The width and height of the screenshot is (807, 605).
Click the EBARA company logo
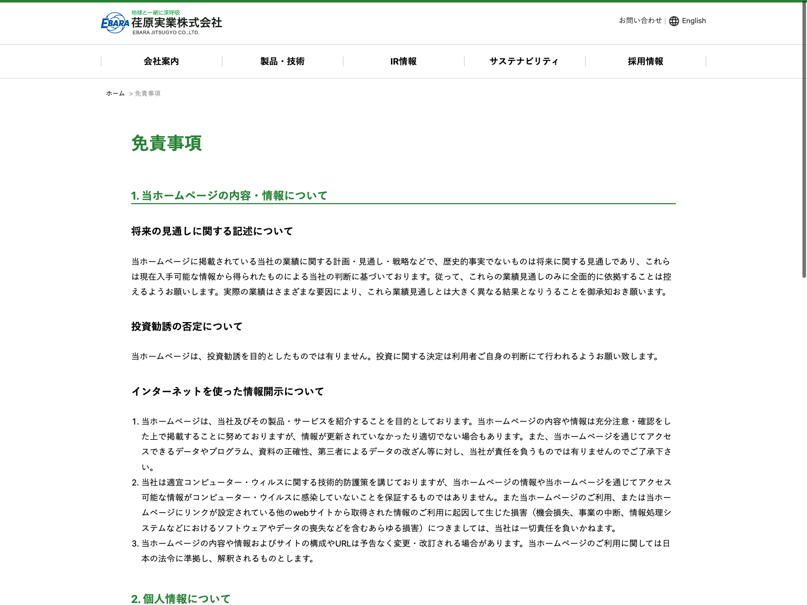161,23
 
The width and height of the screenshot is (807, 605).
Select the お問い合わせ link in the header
640,21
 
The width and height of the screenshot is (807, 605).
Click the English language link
694,21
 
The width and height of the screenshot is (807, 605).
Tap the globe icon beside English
674,21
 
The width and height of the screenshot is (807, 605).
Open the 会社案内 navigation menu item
161,62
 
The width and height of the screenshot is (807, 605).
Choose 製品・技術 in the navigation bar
282,62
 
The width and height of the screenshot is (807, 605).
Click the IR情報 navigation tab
403,62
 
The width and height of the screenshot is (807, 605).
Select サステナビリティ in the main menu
524,62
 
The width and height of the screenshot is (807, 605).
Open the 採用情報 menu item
646,62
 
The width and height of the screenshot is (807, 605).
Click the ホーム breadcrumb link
115,93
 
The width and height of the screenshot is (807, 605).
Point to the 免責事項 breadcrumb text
148,94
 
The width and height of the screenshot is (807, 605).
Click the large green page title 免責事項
166,143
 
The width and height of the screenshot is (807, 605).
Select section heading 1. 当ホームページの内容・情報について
229,196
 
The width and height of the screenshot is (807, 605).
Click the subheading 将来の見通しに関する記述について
212,231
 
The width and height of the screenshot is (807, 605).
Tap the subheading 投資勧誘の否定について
187,327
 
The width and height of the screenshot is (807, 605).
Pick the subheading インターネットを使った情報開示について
228,392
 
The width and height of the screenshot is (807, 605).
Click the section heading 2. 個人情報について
181,599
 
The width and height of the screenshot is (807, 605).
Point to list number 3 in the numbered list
135,543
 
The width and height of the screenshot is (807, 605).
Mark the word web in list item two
301,513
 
